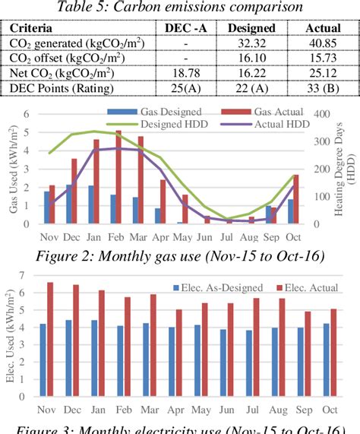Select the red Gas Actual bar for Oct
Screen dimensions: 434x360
click(295, 199)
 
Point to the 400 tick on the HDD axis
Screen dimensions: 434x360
click(319, 114)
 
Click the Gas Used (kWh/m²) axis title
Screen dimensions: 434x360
click(11, 169)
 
